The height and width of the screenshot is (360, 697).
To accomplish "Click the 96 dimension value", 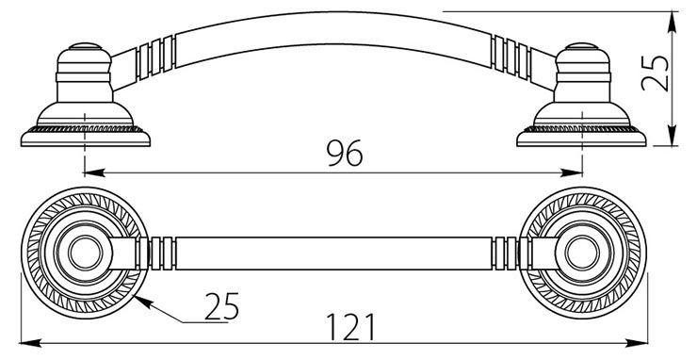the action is click(x=345, y=153).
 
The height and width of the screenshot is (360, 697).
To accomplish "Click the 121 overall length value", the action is click(x=350, y=327).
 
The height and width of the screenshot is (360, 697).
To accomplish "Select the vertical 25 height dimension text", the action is click(x=656, y=74).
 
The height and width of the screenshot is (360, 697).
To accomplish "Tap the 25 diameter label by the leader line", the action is click(x=221, y=306).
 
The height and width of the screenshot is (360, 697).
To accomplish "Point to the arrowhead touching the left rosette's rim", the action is click(x=143, y=303).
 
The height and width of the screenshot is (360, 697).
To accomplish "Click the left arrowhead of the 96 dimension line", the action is click(x=94, y=172).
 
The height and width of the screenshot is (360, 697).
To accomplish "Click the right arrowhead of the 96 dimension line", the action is click(x=572, y=172).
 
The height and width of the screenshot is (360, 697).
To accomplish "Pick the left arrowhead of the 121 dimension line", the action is click(x=31, y=343).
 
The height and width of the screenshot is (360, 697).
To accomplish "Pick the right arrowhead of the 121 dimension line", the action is click(x=637, y=343).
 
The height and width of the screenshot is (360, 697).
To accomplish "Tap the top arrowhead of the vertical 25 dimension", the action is click(x=673, y=23).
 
